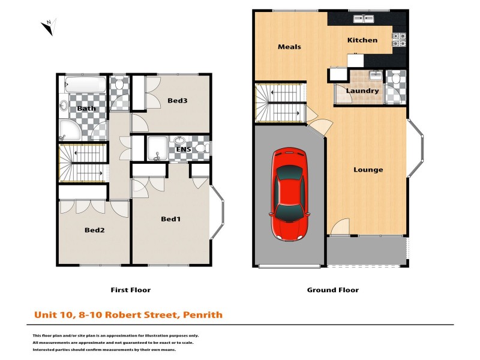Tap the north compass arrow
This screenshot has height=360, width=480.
[x=48, y=26]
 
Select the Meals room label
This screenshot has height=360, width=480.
[x=289, y=47]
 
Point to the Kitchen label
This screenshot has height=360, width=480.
[x=362, y=40]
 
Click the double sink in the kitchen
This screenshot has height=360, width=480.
[x=362, y=19]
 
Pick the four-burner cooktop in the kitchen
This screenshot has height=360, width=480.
[x=400, y=39]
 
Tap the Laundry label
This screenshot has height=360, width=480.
[x=362, y=91]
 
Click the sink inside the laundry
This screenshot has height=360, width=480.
[x=374, y=76]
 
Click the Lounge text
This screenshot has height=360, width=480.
[x=368, y=170]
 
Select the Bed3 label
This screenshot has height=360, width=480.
[x=178, y=100]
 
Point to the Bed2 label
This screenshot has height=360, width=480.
[x=95, y=230]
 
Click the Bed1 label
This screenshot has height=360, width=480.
[x=171, y=219]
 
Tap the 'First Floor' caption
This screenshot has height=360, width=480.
[x=130, y=290]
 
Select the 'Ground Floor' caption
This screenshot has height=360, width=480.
[x=332, y=290]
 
